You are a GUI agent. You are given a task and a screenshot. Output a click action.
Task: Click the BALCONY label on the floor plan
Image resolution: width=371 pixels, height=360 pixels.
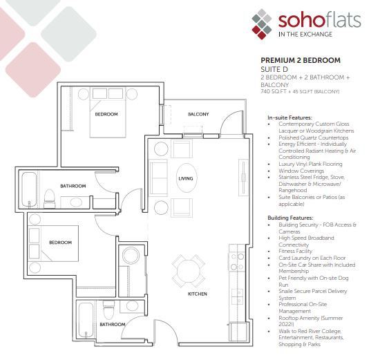pos(198,114)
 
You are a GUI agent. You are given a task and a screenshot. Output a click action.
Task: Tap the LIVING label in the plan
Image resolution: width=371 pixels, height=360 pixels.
pos(186,178)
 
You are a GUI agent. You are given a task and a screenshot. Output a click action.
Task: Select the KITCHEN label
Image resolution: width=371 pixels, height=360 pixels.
pos(198,294)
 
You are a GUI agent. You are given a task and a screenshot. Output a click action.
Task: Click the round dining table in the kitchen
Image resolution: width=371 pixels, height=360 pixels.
pos(188,271)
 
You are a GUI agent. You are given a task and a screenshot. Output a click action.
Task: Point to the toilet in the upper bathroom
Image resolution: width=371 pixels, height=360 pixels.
pos(50,198)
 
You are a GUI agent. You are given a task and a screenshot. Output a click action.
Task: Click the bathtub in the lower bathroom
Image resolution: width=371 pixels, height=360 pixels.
pos(86,321)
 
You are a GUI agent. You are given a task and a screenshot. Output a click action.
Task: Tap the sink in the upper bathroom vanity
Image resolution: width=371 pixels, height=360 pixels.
pos(76,202)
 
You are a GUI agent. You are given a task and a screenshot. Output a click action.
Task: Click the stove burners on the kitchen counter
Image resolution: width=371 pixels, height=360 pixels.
pos(238,262)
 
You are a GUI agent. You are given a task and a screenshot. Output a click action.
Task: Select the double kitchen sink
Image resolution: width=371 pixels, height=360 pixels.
pos(238,296)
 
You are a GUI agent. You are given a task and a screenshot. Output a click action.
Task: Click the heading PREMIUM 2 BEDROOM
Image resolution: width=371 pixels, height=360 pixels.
pos(301,60)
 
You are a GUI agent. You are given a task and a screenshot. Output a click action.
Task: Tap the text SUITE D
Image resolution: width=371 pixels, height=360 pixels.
pos(274,69)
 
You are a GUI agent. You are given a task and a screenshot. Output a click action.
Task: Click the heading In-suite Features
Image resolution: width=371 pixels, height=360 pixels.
pos(290,117)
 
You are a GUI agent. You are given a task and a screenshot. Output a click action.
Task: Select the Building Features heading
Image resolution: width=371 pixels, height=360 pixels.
pos(291,218)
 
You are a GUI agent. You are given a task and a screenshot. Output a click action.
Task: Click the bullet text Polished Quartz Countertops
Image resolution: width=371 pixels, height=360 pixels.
pos(314,138)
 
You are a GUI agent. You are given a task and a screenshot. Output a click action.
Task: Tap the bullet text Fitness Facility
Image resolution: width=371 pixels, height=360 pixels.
pos(296,251)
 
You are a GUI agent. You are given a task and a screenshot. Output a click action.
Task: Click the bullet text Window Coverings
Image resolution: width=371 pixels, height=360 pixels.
pos(301,171)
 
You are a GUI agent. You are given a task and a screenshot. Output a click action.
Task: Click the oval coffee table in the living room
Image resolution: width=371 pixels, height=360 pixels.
pos(187,178)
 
